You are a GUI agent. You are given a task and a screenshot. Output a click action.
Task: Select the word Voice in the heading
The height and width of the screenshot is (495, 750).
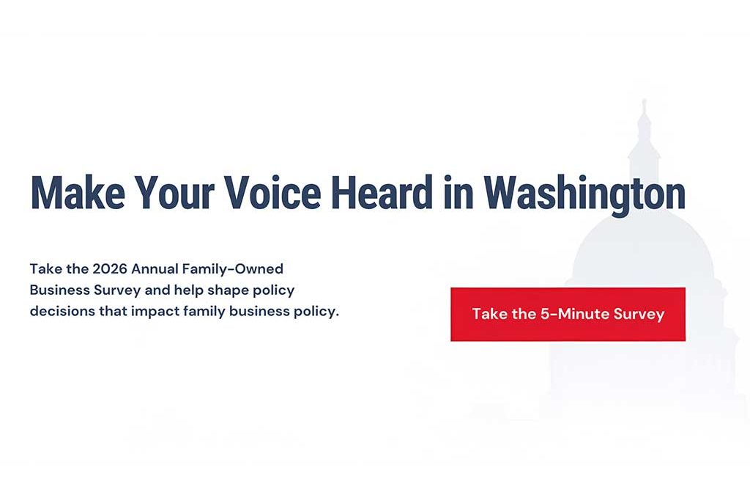(x=272, y=193)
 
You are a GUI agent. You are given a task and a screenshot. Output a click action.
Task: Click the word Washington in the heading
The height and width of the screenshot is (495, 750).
(x=584, y=193)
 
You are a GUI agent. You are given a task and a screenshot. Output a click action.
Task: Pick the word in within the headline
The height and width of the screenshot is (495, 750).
(x=460, y=193)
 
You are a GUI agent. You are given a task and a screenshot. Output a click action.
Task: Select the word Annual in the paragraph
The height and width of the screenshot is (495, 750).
(x=155, y=268)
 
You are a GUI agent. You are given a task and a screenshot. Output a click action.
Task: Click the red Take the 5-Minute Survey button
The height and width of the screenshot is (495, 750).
(x=568, y=314)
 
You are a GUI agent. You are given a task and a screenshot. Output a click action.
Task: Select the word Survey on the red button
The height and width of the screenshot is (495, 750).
(x=639, y=314)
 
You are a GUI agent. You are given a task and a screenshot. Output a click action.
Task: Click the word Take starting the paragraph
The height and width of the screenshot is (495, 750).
(x=44, y=268)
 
